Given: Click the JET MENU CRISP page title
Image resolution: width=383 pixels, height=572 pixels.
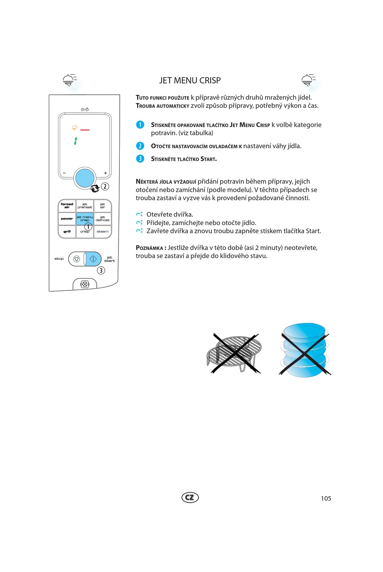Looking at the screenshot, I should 190,81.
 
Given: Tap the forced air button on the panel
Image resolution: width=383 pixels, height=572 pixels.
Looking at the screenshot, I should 67,205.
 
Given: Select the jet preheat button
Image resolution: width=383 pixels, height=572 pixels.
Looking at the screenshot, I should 85,205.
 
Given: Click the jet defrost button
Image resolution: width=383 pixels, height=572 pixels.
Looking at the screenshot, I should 102,218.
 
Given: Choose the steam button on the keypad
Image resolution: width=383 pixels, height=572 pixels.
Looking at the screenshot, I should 102,232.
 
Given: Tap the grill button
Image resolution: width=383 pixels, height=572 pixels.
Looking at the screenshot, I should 67,232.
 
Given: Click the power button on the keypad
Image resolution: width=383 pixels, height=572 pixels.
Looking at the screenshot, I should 67,219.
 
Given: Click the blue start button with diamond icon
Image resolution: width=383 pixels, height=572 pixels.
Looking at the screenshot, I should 93,259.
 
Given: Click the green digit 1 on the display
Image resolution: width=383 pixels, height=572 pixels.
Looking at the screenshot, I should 75,141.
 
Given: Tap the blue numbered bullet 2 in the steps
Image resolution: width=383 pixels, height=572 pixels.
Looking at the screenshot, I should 140,146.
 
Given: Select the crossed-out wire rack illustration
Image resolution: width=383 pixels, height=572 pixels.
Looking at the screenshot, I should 234,353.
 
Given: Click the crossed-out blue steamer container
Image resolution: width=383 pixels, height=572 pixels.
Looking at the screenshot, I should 305,350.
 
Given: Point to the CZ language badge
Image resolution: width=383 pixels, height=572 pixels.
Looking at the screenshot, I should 190,497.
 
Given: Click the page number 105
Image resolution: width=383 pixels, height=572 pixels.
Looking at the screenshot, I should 326,499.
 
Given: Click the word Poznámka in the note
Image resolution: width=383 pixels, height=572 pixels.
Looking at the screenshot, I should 150,248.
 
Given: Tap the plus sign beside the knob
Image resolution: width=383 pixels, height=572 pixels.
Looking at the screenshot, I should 106,173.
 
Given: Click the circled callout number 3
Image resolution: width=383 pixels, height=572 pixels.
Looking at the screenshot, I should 101,270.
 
